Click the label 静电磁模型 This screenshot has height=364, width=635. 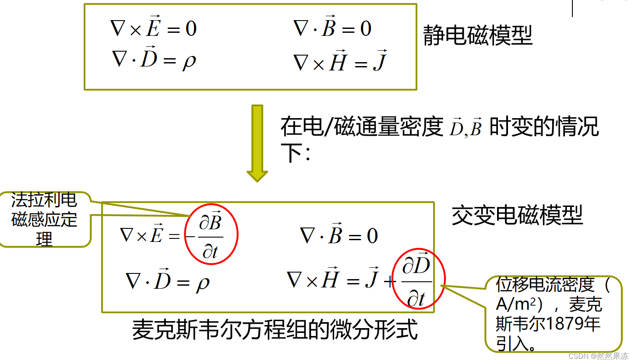pyautogui.click(x=477, y=36)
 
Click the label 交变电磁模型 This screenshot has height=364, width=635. pyautogui.click(x=517, y=215)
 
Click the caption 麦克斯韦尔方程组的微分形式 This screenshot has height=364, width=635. pyautogui.click(x=275, y=330)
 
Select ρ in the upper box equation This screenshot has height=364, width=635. pyautogui.click(x=189, y=62)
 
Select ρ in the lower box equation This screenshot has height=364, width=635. pyautogui.click(x=202, y=283)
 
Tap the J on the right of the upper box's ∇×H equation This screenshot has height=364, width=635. pyautogui.click(x=379, y=63)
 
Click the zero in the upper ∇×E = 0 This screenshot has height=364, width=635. pyautogui.click(x=191, y=29)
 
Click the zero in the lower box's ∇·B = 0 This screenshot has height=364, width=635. pyautogui.click(x=372, y=236)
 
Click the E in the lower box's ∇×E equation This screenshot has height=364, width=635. pyautogui.click(x=156, y=235)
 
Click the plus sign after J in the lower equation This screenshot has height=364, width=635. pyautogui.click(x=389, y=281)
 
